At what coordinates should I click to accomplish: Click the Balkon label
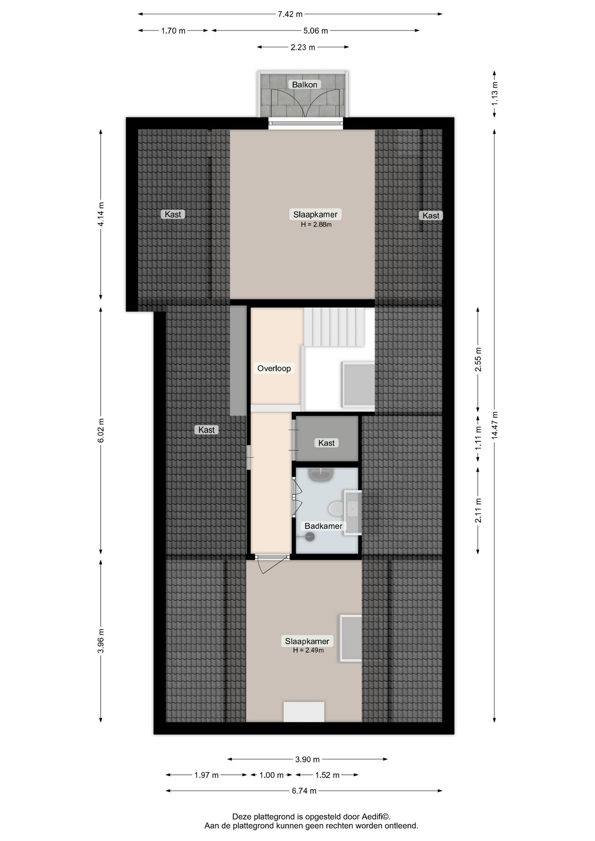[x=305, y=85]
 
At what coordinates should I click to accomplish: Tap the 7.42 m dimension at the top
[x=290, y=14]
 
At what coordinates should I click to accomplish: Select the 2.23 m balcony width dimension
[x=303, y=47]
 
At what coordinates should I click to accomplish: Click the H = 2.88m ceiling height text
[x=315, y=225]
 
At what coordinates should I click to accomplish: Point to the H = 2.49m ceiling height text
[x=308, y=650]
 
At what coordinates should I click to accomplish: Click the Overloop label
[x=274, y=368]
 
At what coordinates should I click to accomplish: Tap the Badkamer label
[x=323, y=526]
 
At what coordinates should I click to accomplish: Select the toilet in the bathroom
[x=336, y=508]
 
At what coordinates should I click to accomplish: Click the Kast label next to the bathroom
[x=326, y=443]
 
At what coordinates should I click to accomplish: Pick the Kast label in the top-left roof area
[x=173, y=214]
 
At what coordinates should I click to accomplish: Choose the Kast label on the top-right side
[x=431, y=216]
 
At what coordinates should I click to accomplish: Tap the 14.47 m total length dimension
[x=495, y=425]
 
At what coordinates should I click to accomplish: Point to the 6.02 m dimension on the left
[x=101, y=431]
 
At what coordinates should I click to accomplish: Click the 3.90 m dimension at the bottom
[x=307, y=759]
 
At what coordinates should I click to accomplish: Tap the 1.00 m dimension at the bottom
[x=271, y=775]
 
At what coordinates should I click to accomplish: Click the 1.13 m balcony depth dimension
[x=495, y=93]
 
